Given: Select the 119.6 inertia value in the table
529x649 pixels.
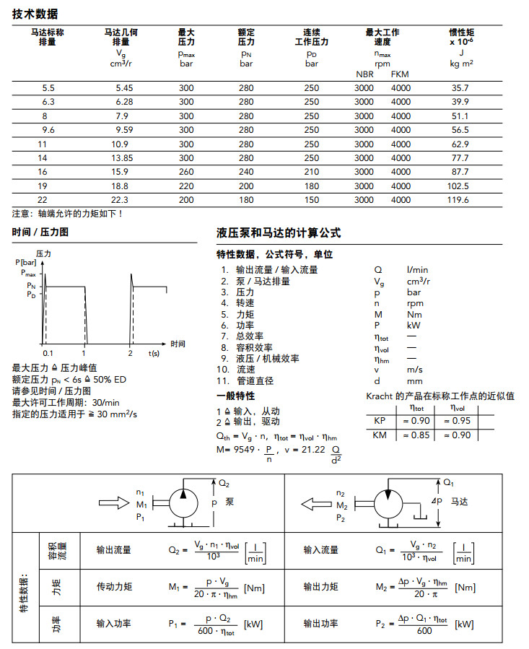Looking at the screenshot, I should click(x=460, y=199).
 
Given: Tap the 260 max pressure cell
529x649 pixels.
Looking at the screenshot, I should click(x=186, y=172).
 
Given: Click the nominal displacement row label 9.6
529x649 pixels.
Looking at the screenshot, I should click(x=48, y=130).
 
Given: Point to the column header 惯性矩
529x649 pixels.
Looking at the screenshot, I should click(x=461, y=32).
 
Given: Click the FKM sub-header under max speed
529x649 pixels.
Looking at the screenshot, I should click(x=400, y=74).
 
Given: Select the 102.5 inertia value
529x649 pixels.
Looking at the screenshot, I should click(x=460, y=186).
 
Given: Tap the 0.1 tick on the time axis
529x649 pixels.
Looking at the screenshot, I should click(x=48, y=353).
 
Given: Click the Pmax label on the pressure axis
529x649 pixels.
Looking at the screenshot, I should click(x=28, y=274).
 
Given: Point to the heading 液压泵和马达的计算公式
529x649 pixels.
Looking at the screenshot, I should click(x=279, y=233).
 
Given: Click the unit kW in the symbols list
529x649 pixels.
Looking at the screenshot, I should click(x=414, y=325).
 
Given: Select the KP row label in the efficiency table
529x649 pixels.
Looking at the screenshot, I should click(x=380, y=421).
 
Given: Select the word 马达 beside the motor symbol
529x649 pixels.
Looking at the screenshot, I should click(x=460, y=500).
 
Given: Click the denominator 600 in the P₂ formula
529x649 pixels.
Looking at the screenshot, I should click(x=424, y=630).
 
